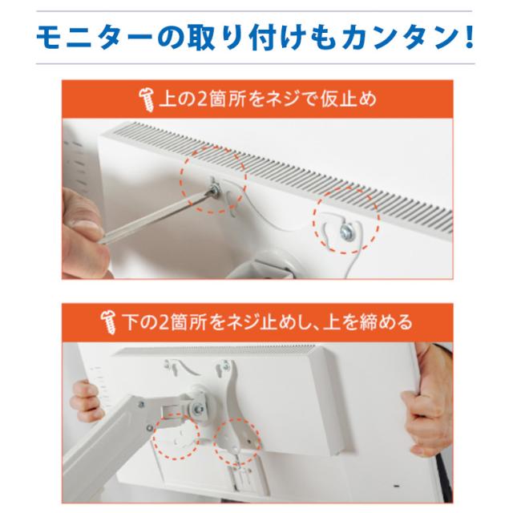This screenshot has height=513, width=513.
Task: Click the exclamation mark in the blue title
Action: pyautogui.click(x=468, y=38)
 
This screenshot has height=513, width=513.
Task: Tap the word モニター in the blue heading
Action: pyautogui.click(x=95, y=38)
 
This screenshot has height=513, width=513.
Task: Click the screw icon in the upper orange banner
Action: pyautogui.click(x=146, y=99)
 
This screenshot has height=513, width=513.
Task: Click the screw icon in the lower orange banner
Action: pyautogui.click(x=109, y=322)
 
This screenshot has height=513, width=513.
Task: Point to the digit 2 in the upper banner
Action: pyautogui.click(x=203, y=99)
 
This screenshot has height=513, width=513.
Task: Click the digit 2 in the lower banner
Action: pyautogui.click(x=165, y=322)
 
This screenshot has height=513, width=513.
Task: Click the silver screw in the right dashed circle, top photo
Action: pyautogui.click(x=346, y=232)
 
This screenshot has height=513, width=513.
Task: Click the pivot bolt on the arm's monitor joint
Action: pyautogui.click(x=199, y=409)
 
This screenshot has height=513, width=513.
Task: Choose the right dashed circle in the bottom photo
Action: pyautogui.click(x=237, y=442)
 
